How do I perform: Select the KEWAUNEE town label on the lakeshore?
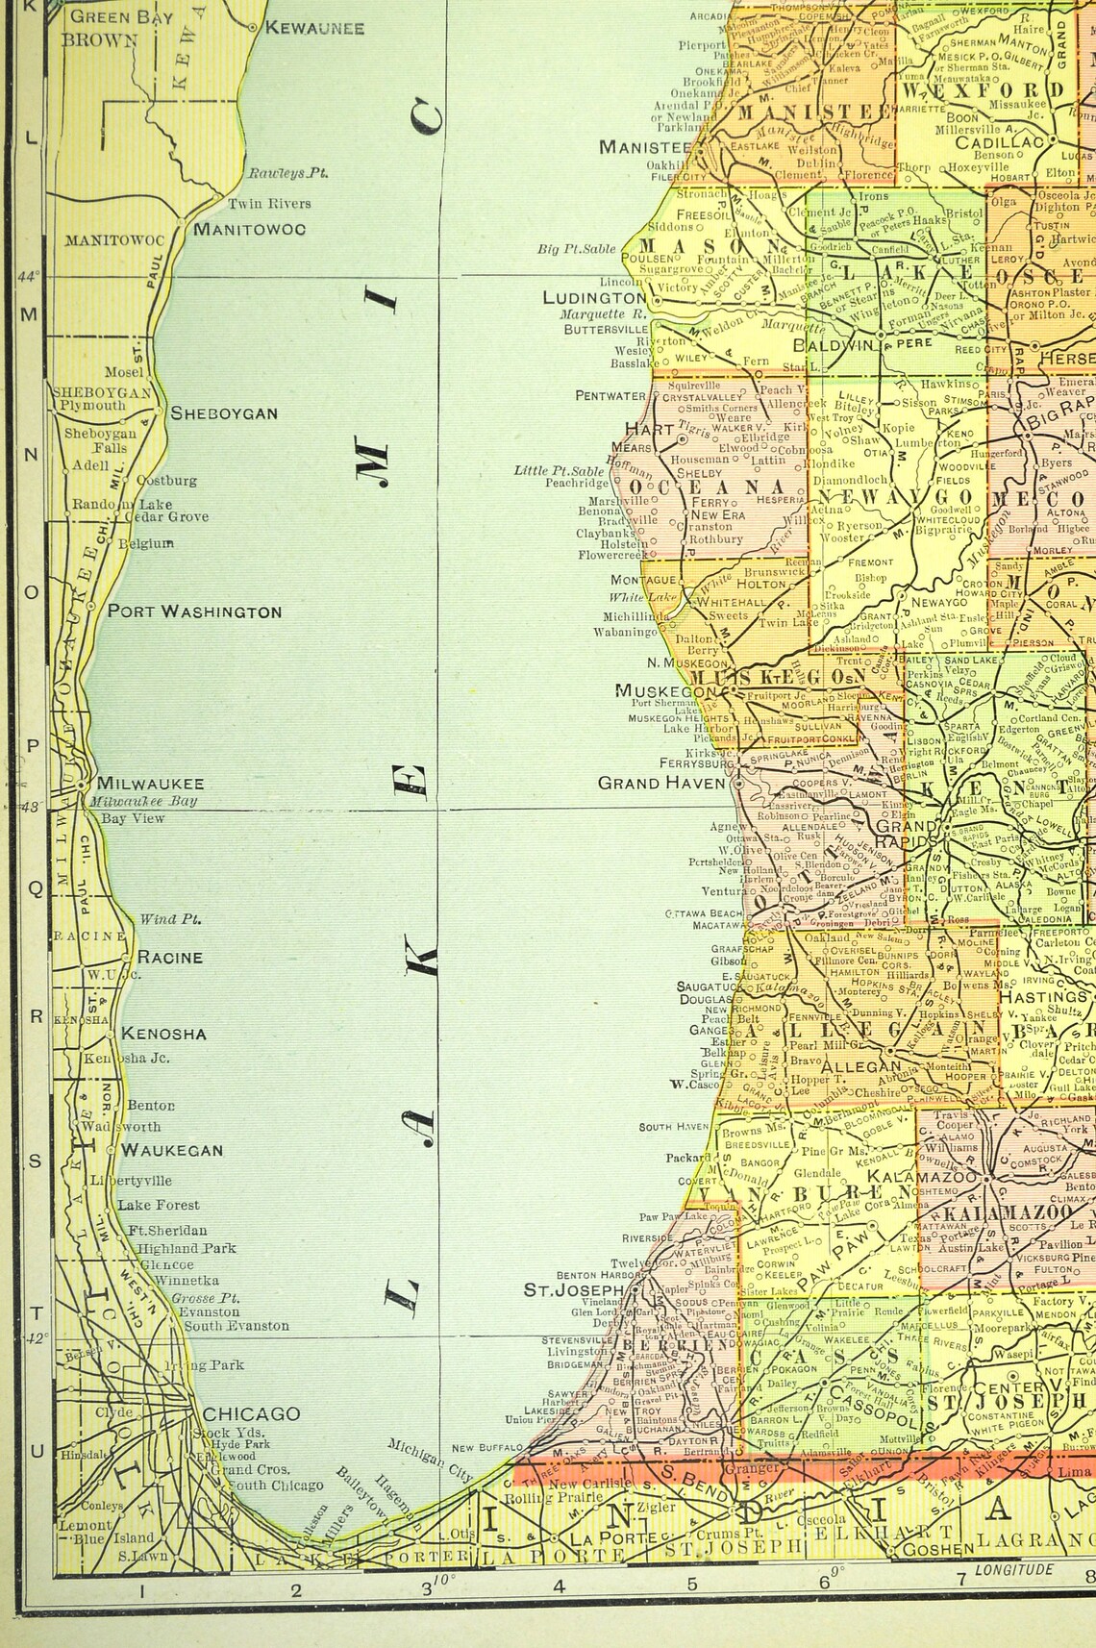[314, 28]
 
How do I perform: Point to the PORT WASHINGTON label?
[194, 612]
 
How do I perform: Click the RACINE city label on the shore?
[170, 957]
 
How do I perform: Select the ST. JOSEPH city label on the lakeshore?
[573, 1289]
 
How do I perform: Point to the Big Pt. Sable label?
[576, 249]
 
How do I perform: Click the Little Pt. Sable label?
[560, 470]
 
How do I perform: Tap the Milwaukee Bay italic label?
[145, 801]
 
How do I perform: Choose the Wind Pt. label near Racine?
[171, 918]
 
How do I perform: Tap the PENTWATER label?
[610, 395]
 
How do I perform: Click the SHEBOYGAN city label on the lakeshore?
[224, 413]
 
